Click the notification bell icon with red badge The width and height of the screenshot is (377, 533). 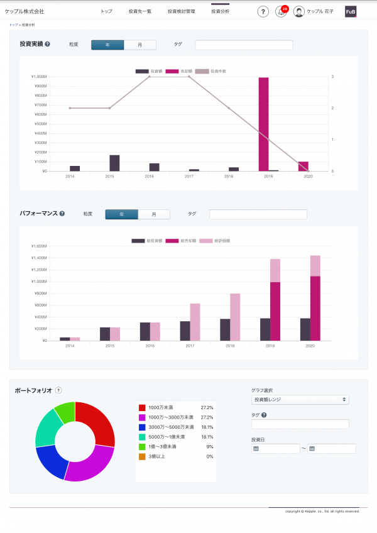click(x=281, y=12)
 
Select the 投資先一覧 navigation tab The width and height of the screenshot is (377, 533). click(x=139, y=12)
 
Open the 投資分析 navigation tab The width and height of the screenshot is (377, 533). click(x=220, y=12)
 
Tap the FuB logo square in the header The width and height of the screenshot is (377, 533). click(x=351, y=12)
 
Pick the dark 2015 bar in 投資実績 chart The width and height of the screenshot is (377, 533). click(x=114, y=163)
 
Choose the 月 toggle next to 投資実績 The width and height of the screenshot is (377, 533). click(x=139, y=45)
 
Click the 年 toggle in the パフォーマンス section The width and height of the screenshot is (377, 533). click(x=121, y=214)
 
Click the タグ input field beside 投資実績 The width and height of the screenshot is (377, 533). click(x=244, y=45)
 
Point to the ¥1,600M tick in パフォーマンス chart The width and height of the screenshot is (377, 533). click(x=39, y=246)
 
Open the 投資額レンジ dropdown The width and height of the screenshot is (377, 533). click(x=300, y=399)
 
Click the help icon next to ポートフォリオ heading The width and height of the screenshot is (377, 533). click(x=58, y=390)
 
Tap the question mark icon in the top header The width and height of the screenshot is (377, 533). click(x=263, y=12)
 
